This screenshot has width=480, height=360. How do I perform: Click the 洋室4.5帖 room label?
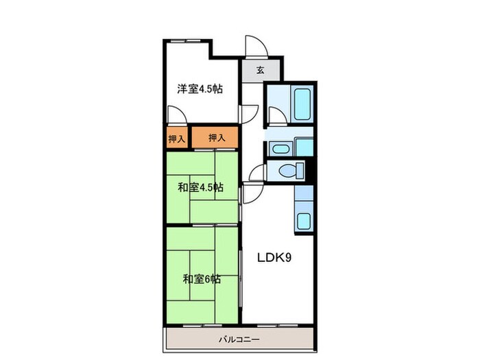click(x=200, y=89)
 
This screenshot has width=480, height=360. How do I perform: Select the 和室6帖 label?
click(x=201, y=279)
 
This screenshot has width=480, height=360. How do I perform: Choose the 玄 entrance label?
click(x=261, y=70)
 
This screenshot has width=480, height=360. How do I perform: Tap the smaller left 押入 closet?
click(x=177, y=139)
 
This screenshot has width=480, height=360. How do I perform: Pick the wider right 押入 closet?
click(x=217, y=139)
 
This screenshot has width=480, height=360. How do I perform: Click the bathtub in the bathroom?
click(x=302, y=104)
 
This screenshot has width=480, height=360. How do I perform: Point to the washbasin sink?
click(x=280, y=148)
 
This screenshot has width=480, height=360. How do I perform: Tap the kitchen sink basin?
click(x=303, y=221)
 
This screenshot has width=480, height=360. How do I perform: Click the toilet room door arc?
click(x=257, y=171)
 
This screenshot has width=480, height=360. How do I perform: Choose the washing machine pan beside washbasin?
click(x=304, y=147)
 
